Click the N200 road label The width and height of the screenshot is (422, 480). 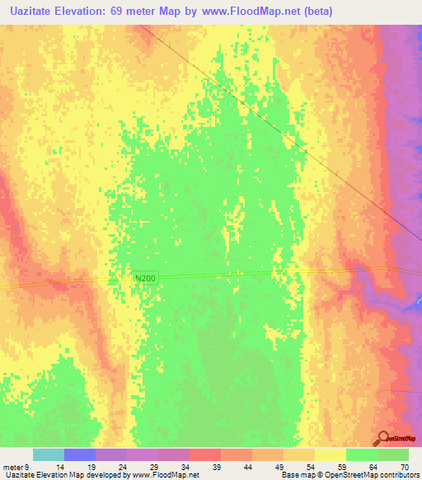(x=145, y=280)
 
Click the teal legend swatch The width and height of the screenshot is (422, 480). (x=49, y=454)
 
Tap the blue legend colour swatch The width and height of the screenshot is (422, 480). (x=80, y=454)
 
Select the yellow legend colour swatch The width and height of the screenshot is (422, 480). (x=331, y=454)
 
